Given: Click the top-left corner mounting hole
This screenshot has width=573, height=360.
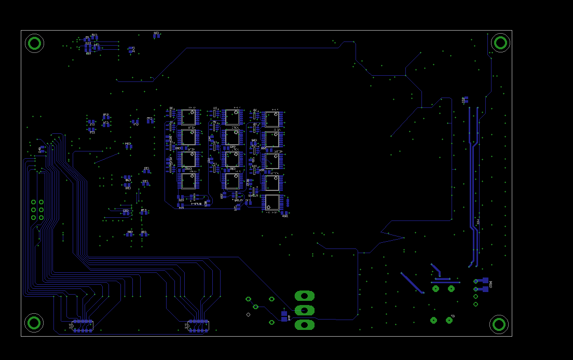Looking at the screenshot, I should [34, 43].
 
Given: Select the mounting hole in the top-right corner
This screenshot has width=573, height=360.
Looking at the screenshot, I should [500, 42].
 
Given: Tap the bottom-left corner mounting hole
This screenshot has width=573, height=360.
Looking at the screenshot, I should [34, 323].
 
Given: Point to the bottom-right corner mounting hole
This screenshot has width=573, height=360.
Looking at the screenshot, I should [499, 324].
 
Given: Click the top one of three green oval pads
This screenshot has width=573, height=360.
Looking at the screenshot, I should [305, 296].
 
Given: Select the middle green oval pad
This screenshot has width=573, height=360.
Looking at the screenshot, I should [305, 310].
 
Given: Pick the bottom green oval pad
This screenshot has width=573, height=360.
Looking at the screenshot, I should [305, 325].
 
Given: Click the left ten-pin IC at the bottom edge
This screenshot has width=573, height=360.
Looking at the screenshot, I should [83, 326].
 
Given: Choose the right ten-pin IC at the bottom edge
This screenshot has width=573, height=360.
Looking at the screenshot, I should [198, 326].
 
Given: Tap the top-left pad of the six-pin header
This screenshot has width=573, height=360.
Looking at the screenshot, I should [33, 202].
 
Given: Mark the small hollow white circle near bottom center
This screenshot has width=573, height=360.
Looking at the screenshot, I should [248, 314].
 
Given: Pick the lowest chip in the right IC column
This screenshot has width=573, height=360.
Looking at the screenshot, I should [272, 202].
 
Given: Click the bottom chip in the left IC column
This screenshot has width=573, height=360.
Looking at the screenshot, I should [188, 181].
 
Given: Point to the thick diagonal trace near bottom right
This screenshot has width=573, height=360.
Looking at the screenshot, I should [413, 283].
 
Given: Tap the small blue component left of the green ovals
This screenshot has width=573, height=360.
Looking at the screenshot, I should [284, 316].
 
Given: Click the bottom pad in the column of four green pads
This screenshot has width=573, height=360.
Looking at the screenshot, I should [475, 304].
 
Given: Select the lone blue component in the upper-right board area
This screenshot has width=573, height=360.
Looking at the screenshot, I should [466, 99].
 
